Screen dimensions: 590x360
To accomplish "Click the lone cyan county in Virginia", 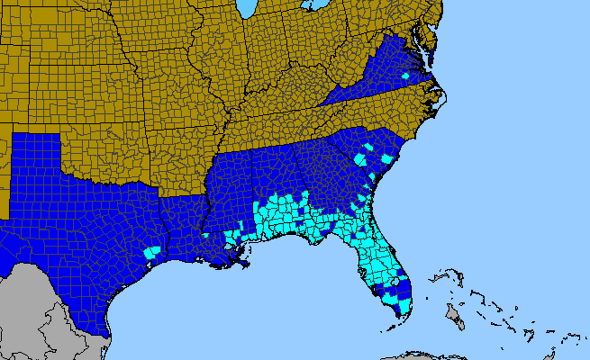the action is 405,76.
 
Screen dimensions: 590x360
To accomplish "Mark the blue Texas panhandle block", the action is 36,153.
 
